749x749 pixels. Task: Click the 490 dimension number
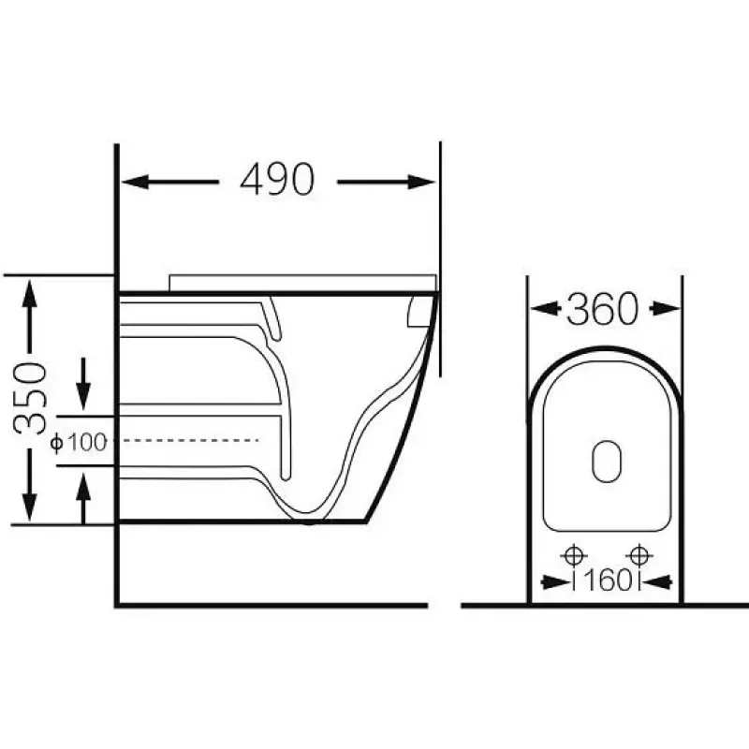tap(277, 179)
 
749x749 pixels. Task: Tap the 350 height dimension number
tap(30, 399)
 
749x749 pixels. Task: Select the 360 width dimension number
tap(602, 309)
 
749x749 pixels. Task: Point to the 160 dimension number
tap(607, 580)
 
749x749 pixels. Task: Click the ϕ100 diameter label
tap(79, 442)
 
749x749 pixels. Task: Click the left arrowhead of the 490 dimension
tap(135, 182)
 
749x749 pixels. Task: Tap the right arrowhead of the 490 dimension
tap(421, 182)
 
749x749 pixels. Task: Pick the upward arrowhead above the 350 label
tap(30, 294)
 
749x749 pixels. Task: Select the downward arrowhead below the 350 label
tap(30, 507)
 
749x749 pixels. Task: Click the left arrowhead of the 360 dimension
tap(545, 309)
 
